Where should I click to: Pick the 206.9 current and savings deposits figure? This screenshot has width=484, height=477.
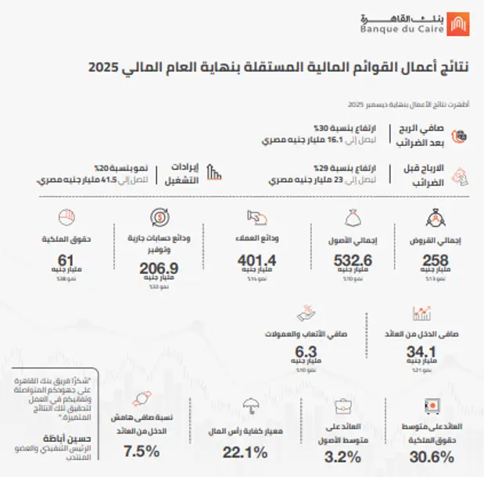tap(160, 269)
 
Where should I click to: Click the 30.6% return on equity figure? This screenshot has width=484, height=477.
tap(431, 457)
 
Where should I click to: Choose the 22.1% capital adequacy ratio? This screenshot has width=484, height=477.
tap(246, 452)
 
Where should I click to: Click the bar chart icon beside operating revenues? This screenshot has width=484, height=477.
tap(217, 171)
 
